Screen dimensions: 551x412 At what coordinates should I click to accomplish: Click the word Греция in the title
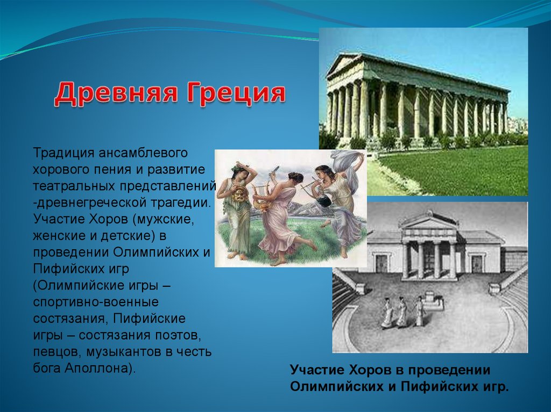(x=236, y=93)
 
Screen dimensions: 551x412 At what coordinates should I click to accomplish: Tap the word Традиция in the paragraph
(x=63, y=154)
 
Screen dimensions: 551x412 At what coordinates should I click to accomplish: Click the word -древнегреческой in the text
(x=90, y=203)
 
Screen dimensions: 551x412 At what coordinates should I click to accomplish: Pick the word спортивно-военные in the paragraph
(x=96, y=302)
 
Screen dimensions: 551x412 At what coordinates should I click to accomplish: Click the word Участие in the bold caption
(x=317, y=370)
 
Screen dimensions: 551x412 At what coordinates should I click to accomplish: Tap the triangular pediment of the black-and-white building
(x=429, y=221)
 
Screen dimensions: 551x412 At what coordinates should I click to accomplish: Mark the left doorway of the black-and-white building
(x=382, y=263)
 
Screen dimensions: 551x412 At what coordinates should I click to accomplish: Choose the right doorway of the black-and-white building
(x=477, y=264)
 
